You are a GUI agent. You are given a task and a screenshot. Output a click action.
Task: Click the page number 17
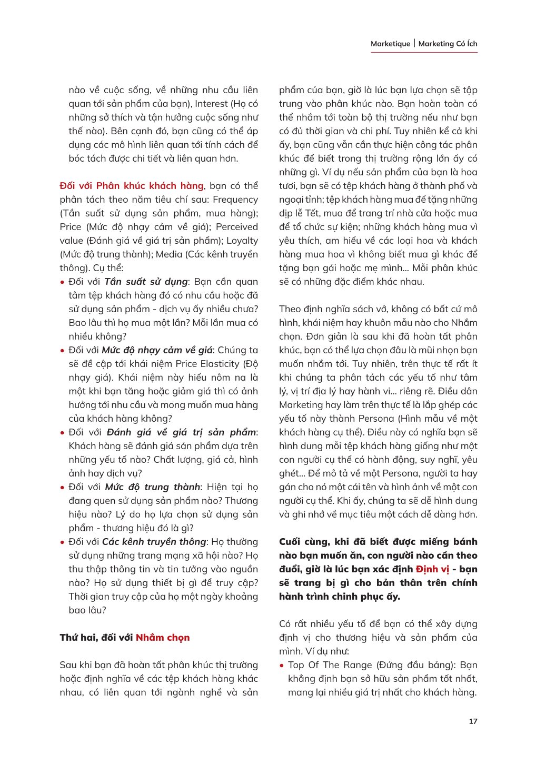click(x=473, y=721)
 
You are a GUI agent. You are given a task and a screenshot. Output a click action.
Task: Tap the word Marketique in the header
click(x=390, y=44)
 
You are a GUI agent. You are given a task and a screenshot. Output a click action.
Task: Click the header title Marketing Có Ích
click(x=448, y=44)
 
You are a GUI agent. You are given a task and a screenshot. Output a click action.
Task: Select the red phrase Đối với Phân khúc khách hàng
click(x=132, y=186)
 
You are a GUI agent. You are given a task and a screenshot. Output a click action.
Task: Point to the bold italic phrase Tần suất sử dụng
click(x=146, y=282)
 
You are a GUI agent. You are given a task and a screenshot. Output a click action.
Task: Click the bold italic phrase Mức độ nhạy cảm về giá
click(x=157, y=350)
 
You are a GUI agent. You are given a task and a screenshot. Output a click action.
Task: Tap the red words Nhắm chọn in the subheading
click(x=163, y=638)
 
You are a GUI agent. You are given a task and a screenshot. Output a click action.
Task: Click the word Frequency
click(x=235, y=200)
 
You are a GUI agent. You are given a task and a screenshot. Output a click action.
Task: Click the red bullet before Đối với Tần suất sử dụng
click(x=62, y=282)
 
